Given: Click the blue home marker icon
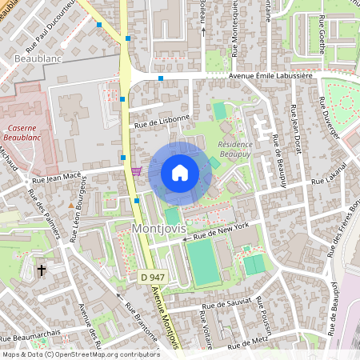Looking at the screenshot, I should tap(180, 173).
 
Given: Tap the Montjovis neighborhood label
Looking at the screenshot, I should tap(158, 229).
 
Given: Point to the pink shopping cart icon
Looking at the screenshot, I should tap(136, 170).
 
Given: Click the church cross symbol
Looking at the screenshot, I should tap(41, 271).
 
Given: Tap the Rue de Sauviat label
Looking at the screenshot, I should tap(227, 303).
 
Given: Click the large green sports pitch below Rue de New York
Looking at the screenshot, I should tap(205, 263).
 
